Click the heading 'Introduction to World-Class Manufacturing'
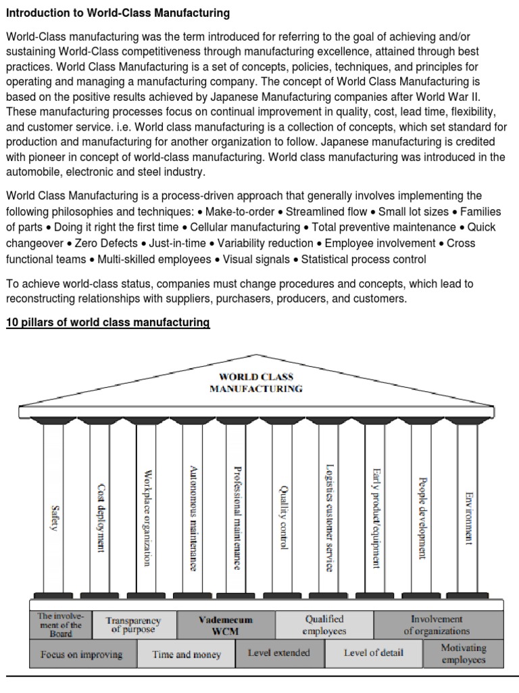(118, 13)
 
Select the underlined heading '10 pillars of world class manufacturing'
(108, 323)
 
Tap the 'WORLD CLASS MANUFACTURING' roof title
(256, 382)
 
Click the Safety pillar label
(55, 518)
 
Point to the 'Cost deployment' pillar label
(101, 518)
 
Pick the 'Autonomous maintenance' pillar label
(194, 518)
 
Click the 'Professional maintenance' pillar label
(237, 518)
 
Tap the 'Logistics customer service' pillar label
(329, 518)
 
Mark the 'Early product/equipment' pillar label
(376, 518)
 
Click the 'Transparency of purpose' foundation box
(133, 625)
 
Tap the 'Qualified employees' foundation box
(324, 625)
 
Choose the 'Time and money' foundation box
(186, 654)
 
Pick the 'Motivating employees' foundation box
(463, 654)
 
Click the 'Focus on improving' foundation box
(82, 654)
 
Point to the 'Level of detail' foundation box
(373, 653)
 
